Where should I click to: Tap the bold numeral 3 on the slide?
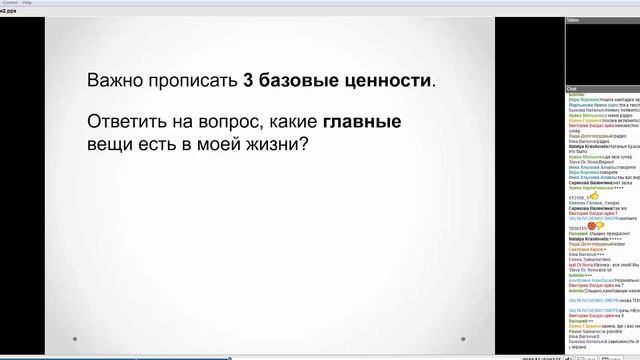[x=248, y=80]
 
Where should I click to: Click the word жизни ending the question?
[x=284, y=146]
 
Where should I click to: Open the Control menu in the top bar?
[x=11, y=3]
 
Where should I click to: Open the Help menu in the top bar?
[x=27, y=3]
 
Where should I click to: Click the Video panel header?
[x=573, y=20]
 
